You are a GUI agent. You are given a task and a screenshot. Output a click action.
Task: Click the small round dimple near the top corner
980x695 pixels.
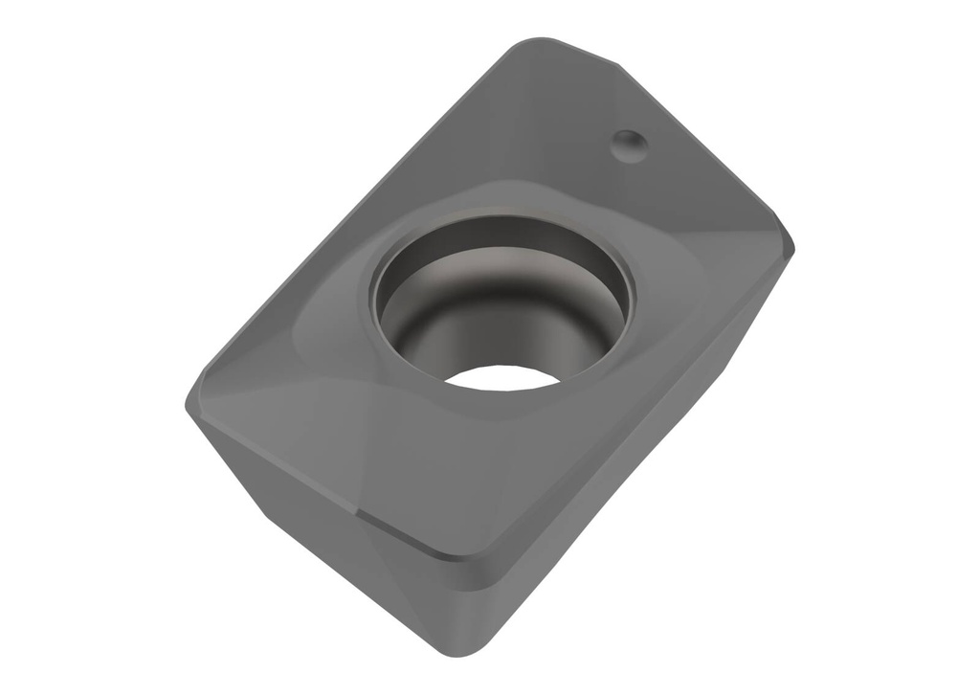tap(630, 145)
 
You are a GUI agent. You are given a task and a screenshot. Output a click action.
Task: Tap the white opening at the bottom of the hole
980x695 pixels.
tap(501, 377)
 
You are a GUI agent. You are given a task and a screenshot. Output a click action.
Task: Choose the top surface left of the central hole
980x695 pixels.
tap(306, 354)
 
